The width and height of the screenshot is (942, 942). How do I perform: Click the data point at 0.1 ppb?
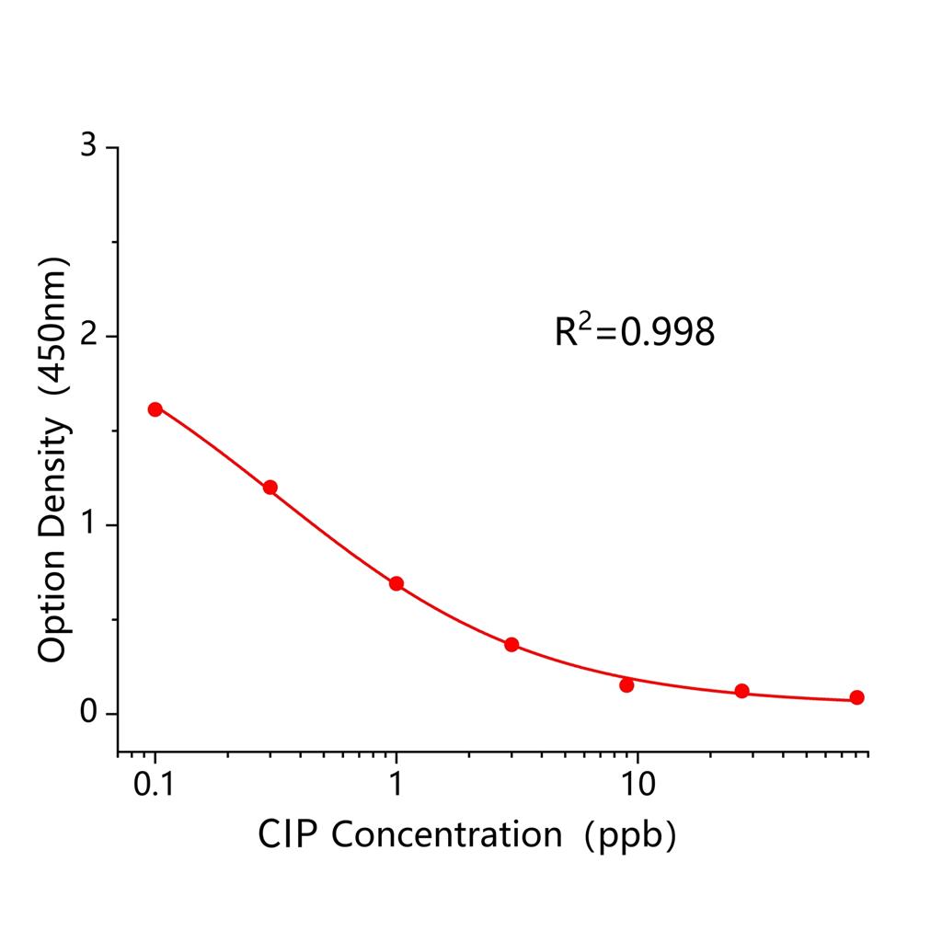[x=155, y=409]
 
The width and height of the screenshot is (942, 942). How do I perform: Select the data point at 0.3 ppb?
[x=270, y=488]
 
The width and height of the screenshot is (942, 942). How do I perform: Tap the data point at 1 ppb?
[x=396, y=583]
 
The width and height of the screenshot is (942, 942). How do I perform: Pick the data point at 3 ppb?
[x=511, y=645]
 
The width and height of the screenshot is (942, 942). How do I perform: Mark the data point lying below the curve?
[x=626, y=684]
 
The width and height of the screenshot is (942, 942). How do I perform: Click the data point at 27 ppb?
[x=741, y=691]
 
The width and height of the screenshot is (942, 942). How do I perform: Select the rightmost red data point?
[x=856, y=697]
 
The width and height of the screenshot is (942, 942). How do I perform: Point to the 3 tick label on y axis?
[x=88, y=147]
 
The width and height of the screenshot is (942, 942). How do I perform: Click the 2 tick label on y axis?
[x=88, y=336]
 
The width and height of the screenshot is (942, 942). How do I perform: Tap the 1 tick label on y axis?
[x=88, y=524]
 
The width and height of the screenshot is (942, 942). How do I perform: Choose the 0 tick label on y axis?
[x=88, y=713]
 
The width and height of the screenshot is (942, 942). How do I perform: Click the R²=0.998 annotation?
[x=634, y=331]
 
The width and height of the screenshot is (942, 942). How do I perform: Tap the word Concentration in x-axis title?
[x=445, y=834]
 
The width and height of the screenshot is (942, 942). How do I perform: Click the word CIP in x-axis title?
[x=289, y=834]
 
